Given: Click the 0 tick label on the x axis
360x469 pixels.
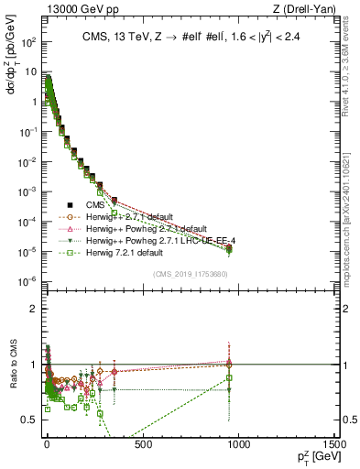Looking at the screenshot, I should point(47,446).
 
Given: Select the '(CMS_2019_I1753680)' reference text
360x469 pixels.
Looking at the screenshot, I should point(191,274).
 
